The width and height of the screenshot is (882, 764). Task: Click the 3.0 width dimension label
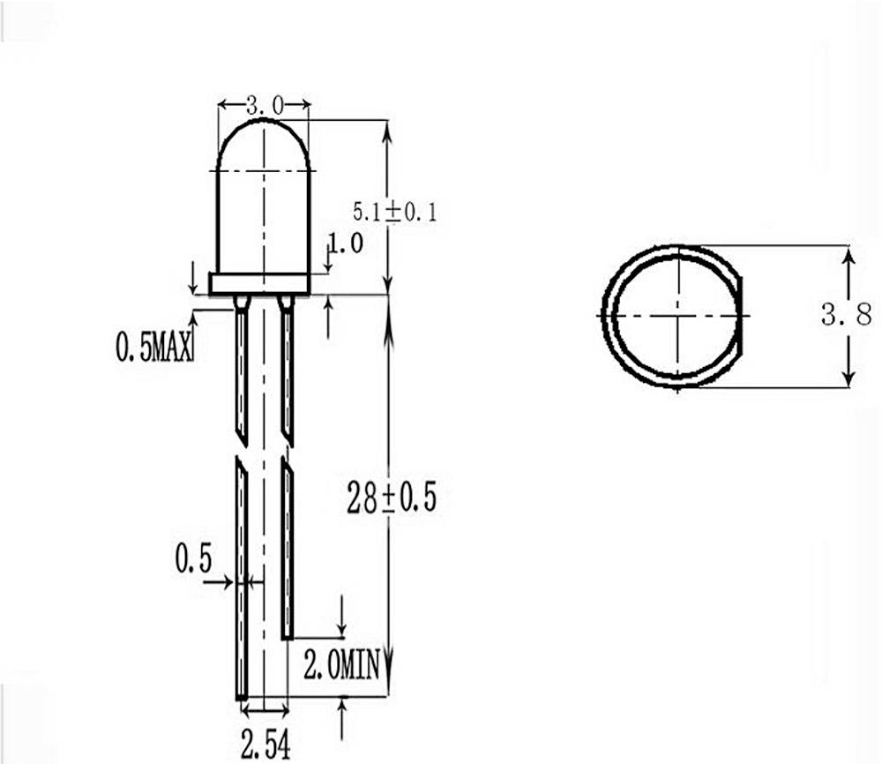click(264, 106)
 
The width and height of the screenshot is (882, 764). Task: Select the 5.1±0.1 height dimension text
click(394, 212)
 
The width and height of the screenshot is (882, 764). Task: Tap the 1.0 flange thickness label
click(345, 243)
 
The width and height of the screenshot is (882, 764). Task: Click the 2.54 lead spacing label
click(265, 745)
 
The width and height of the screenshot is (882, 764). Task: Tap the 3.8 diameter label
click(847, 314)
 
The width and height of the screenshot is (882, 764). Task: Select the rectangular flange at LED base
click(258, 283)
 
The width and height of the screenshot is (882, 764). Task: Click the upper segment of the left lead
click(241, 371)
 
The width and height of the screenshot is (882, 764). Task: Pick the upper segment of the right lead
click(287, 371)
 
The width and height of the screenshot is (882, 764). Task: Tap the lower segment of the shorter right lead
click(287, 547)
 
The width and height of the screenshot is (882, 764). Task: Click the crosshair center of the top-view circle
click(678, 315)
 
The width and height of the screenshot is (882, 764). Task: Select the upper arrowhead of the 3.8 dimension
click(848, 255)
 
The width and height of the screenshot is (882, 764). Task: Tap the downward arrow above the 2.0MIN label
click(342, 618)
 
